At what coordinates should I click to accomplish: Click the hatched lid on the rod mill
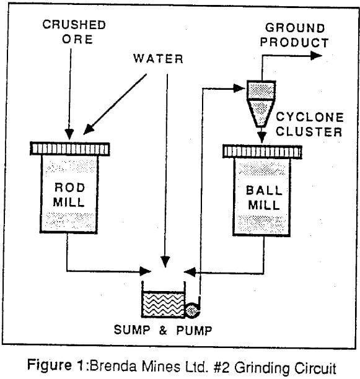(69, 149)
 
